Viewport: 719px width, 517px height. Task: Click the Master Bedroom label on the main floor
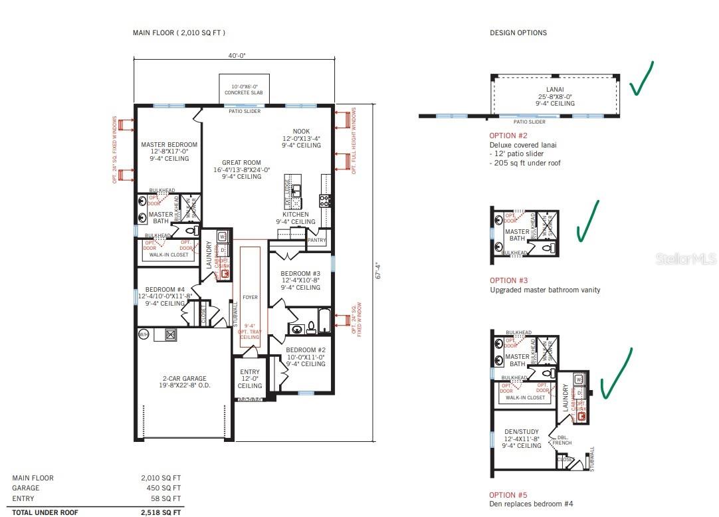[169, 145]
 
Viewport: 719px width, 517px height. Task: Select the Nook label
[301, 132]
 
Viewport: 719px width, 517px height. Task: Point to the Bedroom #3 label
[300, 274]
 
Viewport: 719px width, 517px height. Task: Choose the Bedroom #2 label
[306, 350]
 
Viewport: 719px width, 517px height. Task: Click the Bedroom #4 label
[165, 290]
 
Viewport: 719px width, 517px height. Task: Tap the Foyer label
[250, 298]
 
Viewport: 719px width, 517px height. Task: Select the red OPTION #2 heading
[508, 136]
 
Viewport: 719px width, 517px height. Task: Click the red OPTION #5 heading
[508, 495]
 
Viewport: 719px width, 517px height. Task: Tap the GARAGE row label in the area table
[26, 488]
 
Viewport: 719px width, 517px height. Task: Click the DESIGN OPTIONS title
[518, 33]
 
